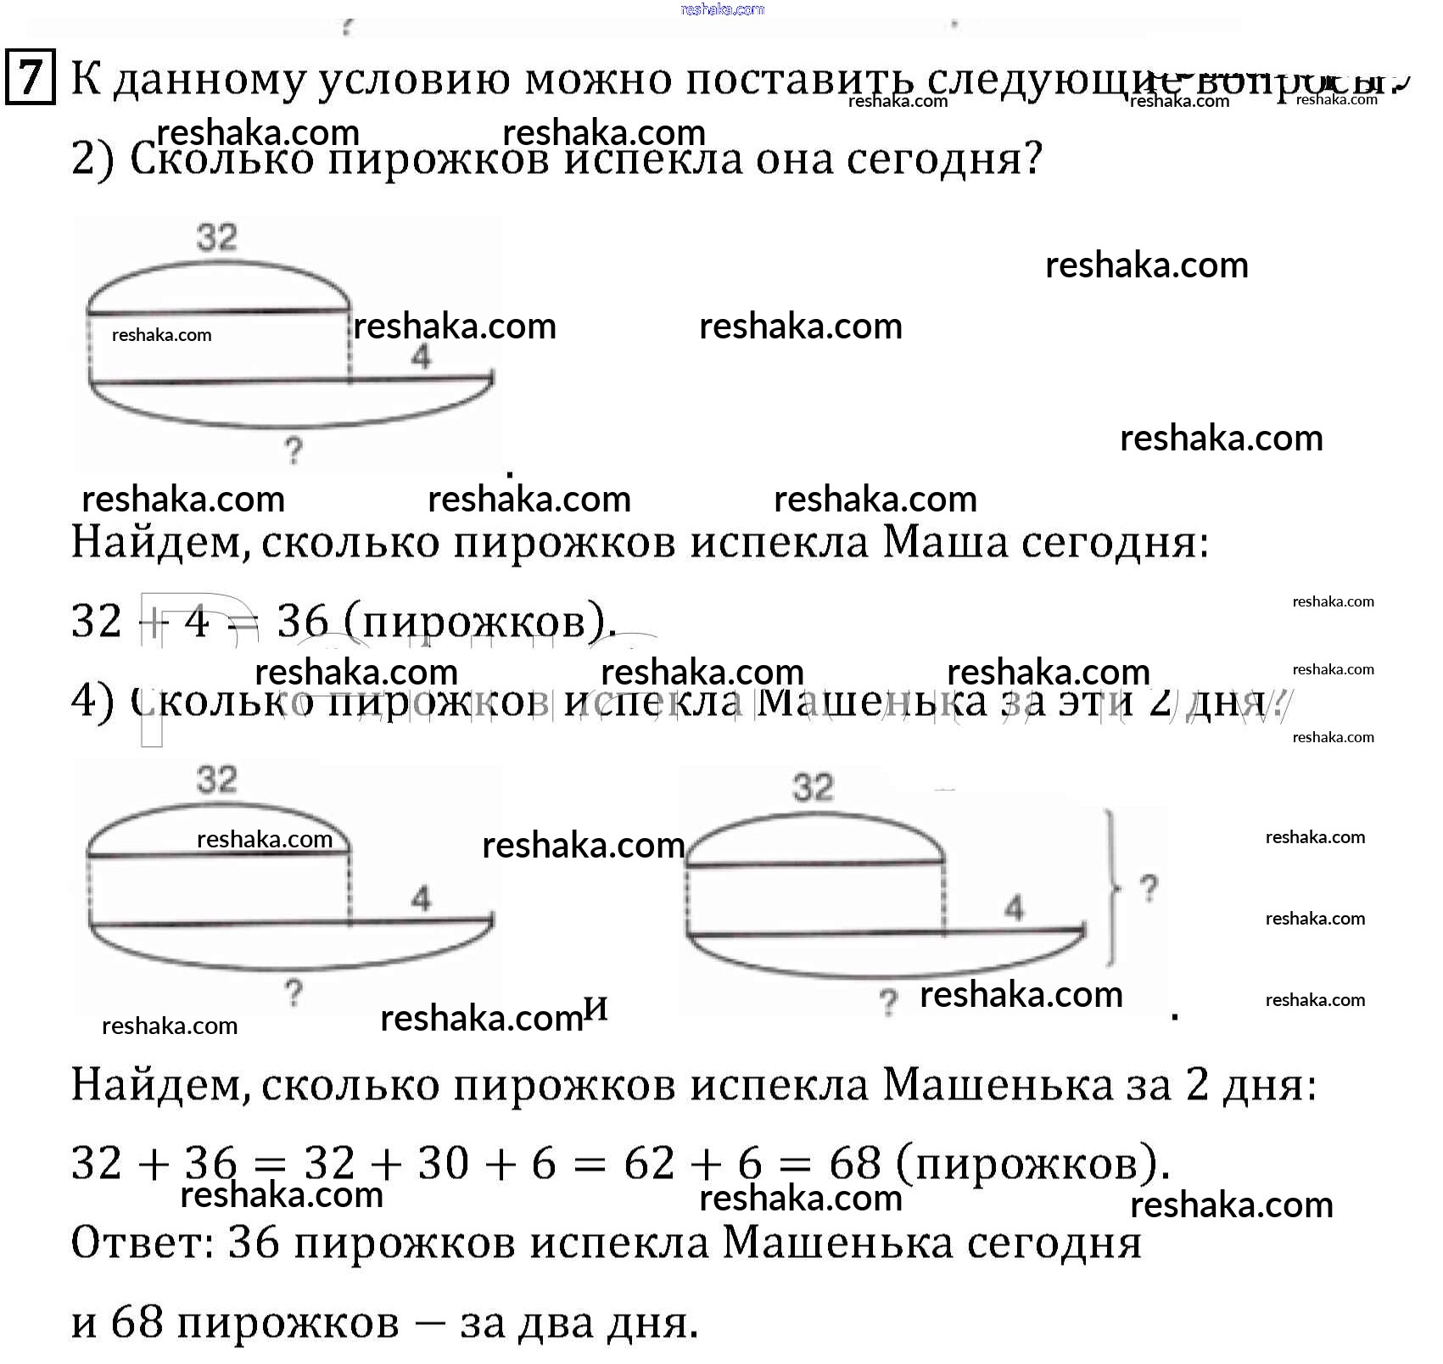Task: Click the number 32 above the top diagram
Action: tap(216, 237)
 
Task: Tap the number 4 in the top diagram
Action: tap(421, 357)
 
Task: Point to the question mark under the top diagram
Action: tap(294, 450)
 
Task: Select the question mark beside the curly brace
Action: tap(1149, 889)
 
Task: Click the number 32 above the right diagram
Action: tap(813, 787)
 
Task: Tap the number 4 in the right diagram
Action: tap(1014, 908)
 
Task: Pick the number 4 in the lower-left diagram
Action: tap(421, 898)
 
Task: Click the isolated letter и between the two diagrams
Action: tap(596, 1008)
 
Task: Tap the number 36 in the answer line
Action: tap(254, 1244)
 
